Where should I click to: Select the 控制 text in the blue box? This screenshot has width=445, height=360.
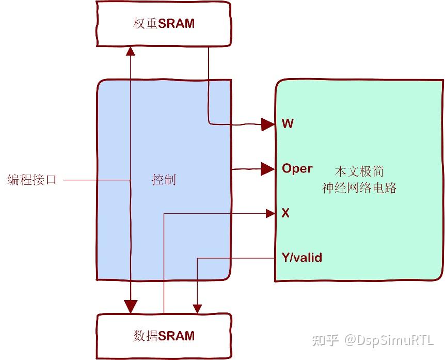click(164, 180)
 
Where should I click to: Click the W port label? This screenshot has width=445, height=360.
click(288, 124)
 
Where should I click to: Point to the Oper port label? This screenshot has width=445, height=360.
click(297, 168)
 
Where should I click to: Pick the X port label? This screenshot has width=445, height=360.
click(285, 213)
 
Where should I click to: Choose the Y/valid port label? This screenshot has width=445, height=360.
click(302, 257)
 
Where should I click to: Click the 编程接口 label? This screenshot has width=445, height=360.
click(32, 180)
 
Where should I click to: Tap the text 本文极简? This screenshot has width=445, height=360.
click(359, 171)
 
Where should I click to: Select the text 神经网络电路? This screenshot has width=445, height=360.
click(359, 188)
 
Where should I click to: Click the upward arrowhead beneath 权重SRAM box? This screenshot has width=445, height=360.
click(131, 51)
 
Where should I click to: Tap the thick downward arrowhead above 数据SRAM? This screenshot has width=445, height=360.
click(131, 306)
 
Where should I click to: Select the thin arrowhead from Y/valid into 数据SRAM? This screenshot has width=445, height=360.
click(197, 309)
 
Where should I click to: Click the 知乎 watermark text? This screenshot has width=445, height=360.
click(326, 340)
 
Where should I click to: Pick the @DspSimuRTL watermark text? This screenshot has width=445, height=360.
click(390, 340)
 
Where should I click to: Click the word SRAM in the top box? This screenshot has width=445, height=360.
click(177, 24)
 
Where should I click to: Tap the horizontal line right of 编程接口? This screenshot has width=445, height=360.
click(96, 180)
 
